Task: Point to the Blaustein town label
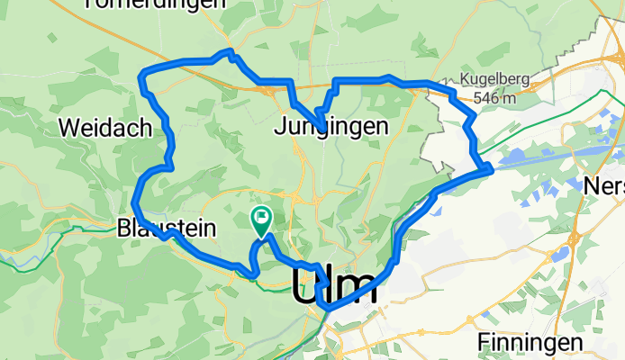(167, 229)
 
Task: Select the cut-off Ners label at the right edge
(604, 184)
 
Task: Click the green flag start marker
(261, 217)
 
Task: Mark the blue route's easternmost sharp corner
(489, 166)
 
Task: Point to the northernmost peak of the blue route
(230, 52)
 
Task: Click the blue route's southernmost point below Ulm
(329, 309)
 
